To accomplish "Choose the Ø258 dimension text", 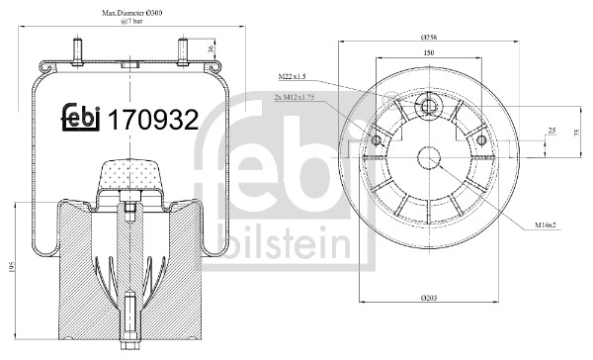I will [427, 39].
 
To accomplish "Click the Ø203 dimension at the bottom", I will [427, 298].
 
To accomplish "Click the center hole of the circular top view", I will [428, 159].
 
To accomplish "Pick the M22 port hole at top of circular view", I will [428, 107].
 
